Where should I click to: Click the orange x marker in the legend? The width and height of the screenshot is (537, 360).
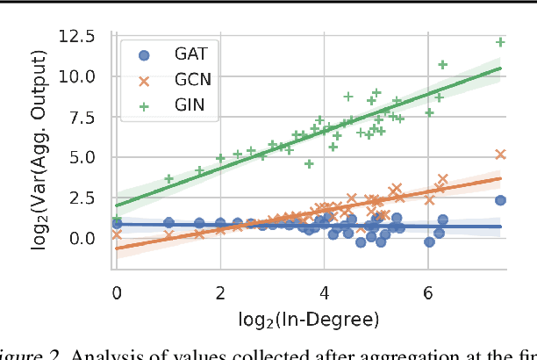click(145, 78)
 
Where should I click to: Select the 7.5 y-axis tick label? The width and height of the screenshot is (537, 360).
click(85, 117)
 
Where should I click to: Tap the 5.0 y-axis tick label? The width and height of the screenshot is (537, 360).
click(85, 157)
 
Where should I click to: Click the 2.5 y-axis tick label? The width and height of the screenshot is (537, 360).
click(85, 198)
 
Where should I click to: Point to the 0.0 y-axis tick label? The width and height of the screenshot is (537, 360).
click(85, 238)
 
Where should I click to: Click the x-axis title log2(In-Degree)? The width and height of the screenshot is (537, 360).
click(308, 317)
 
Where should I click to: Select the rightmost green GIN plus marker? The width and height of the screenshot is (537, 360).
click(500, 42)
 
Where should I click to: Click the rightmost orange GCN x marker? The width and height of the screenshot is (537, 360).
click(500, 155)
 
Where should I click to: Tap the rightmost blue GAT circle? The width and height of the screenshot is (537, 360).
click(500, 200)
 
